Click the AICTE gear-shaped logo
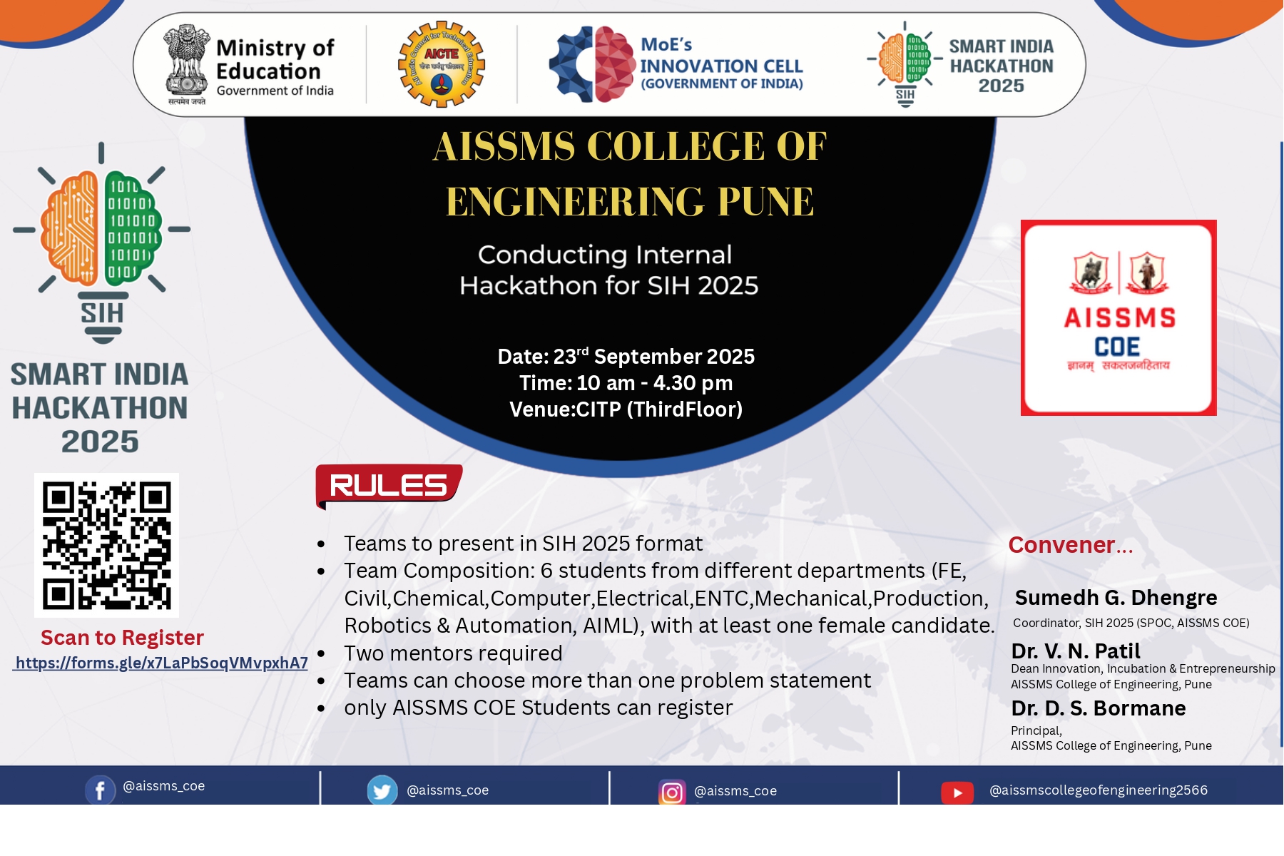coord(442,64)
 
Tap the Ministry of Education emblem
coord(187,64)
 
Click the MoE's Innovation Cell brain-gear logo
coord(592,64)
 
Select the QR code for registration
coord(106,545)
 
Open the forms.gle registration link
coord(161,663)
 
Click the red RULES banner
coord(389,486)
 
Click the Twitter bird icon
coord(382,790)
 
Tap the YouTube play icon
coord(957,793)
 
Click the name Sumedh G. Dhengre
coord(1116,598)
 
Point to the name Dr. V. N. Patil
coord(1076,651)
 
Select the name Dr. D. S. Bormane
coord(1099,708)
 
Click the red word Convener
coord(1061,545)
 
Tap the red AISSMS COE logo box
coord(1119,317)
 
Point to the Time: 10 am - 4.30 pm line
coord(626,383)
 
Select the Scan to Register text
coord(122,638)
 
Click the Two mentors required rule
coord(453,653)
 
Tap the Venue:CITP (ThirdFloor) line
coord(626,409)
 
